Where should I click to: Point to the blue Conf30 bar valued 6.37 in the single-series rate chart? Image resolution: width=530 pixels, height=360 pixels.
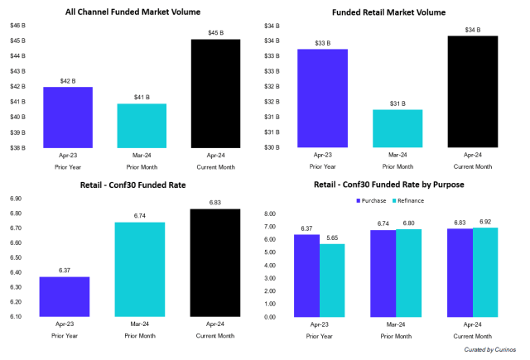[65, 295]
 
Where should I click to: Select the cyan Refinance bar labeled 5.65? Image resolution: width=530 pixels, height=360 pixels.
[332, 280]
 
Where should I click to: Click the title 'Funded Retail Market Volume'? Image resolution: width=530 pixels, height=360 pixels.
[400, 12]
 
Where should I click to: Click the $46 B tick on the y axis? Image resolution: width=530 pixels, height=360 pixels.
[17, 26]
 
